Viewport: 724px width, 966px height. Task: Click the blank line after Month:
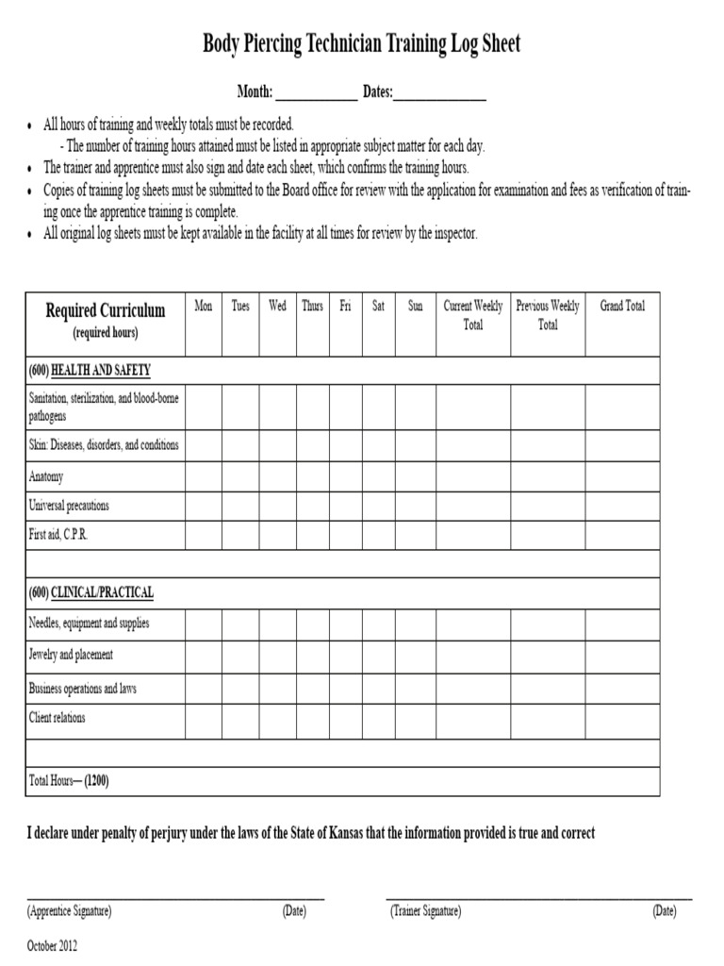coord(316,95)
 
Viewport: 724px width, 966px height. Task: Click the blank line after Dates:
coord(440,95)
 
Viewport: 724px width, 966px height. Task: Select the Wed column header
coord(277,307)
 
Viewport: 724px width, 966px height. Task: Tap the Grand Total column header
coord(622,307)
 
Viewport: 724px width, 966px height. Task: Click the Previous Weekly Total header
coord(548,315)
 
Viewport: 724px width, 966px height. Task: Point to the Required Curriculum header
coord(106,310)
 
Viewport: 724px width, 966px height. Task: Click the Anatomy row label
coord(46,476)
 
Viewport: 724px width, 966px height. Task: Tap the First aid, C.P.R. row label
coord(58,534)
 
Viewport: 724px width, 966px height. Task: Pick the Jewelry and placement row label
coord(71,655)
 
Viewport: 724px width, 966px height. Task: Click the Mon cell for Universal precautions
coord(203,506)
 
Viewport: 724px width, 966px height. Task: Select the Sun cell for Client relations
coord(415,720)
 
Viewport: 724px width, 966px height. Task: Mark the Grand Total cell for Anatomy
coord(622,476)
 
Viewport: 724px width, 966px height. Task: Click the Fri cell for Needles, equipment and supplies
coord(345,624)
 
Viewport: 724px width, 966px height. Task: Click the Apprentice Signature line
coord(175,897)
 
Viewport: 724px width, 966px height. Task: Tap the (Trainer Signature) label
coord(425,911)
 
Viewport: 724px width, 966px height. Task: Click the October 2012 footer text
coord(53,945)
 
